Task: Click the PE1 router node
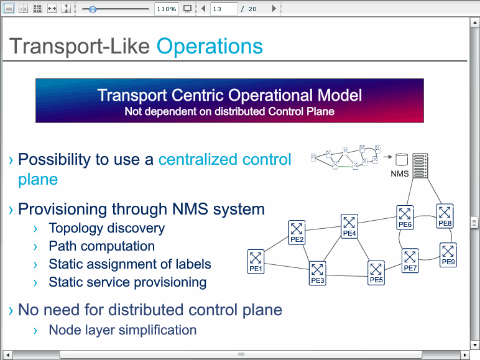[256, 261]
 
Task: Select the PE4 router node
[349, 226]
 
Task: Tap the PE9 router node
[448, 255]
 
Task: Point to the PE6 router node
[405, 218]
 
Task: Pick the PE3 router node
[318, 274]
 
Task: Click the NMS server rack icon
[420, 165]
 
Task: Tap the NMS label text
[400, 174]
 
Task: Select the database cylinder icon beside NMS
[402, 160]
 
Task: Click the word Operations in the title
[210, 46]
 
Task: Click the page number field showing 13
[224, 9]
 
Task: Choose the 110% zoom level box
[166, 9]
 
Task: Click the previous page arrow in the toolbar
[203, 9]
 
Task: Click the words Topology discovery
[106, 228]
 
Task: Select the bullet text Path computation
[101, 246]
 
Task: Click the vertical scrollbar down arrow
[475, 345]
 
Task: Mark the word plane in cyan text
[38, 180]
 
